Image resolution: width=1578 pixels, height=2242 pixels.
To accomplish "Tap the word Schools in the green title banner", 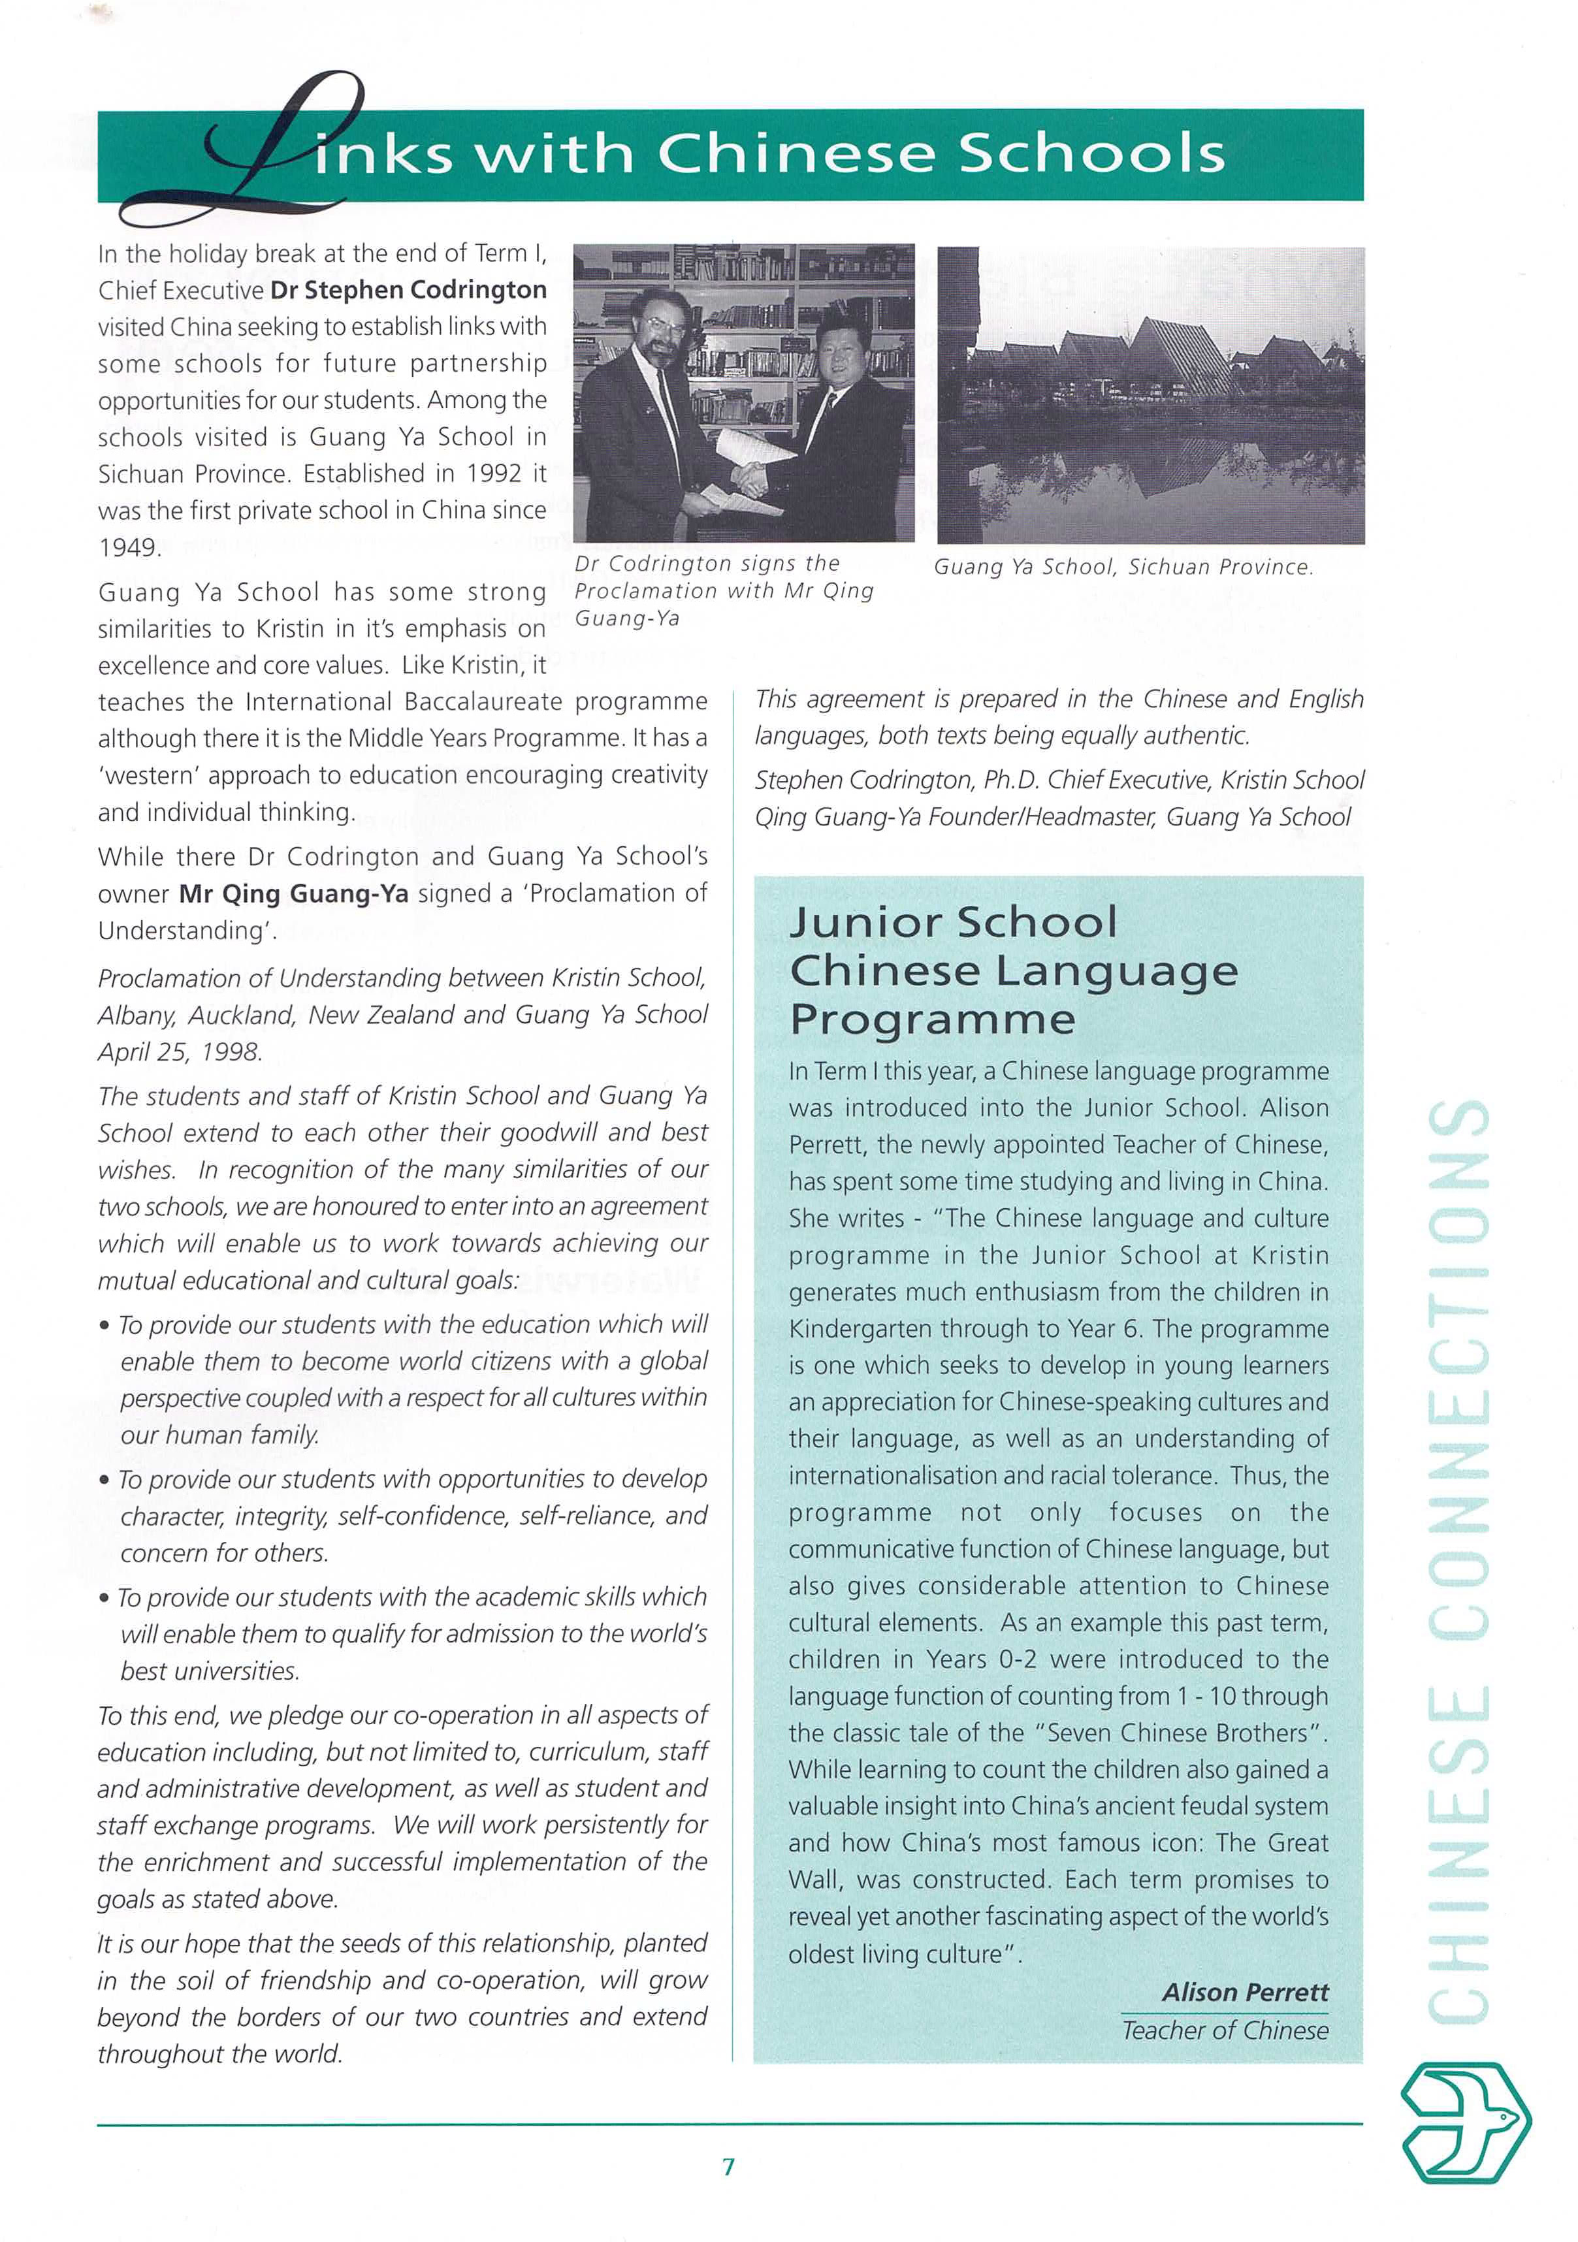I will pos(1089,153).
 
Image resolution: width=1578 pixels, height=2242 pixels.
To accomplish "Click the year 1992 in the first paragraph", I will pos(494,473).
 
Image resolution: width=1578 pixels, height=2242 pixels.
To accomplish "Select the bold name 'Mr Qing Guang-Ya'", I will pos(294,893).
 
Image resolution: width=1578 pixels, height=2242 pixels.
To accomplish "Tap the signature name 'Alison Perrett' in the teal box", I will pos(1245,1992).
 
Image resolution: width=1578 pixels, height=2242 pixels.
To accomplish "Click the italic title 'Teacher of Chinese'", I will pos(1225,2031).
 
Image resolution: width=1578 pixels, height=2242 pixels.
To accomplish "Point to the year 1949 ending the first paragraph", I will pos(128,548).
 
